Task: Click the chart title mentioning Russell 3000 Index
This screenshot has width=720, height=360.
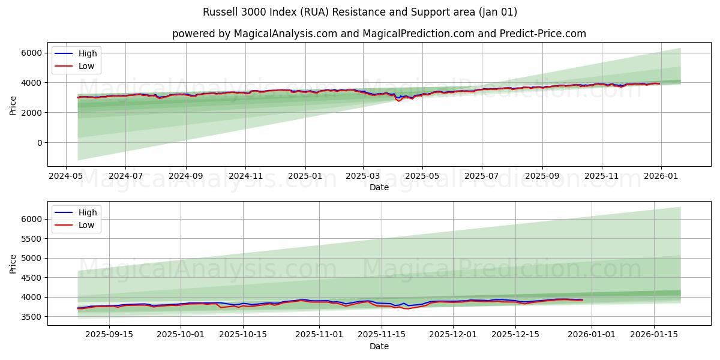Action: [x=360, y=12]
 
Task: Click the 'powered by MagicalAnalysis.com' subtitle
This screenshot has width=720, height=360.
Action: [x=379, y=34]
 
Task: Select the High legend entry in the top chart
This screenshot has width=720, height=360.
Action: [x=88, y=53]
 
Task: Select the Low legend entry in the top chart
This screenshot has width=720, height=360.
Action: [x=86, y=66]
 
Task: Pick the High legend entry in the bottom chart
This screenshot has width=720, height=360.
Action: [x=88, y=212]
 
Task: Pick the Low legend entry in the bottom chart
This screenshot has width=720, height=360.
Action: [x=86, y=225]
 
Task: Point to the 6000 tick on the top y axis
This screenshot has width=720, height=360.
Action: [x=32, y=53]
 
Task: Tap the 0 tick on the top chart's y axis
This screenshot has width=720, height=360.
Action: [x=39, y=143]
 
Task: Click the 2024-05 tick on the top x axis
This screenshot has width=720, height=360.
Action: [x=66, y=176]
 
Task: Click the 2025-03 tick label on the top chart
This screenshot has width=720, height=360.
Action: [x=362, y=176]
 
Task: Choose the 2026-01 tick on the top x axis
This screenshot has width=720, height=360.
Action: [x=661, y=176]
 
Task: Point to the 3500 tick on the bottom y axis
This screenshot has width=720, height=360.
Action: [x=32, y=317]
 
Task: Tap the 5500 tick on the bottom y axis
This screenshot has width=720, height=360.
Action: [x=32, y=239]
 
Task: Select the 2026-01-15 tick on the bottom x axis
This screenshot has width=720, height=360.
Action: [x=653, y=335]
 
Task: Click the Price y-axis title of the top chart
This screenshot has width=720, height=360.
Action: [x=13, y=105]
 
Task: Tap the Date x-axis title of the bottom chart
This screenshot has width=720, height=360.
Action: [x=379, y=346]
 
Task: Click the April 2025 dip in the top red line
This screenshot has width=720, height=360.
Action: [x=399, y=101]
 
